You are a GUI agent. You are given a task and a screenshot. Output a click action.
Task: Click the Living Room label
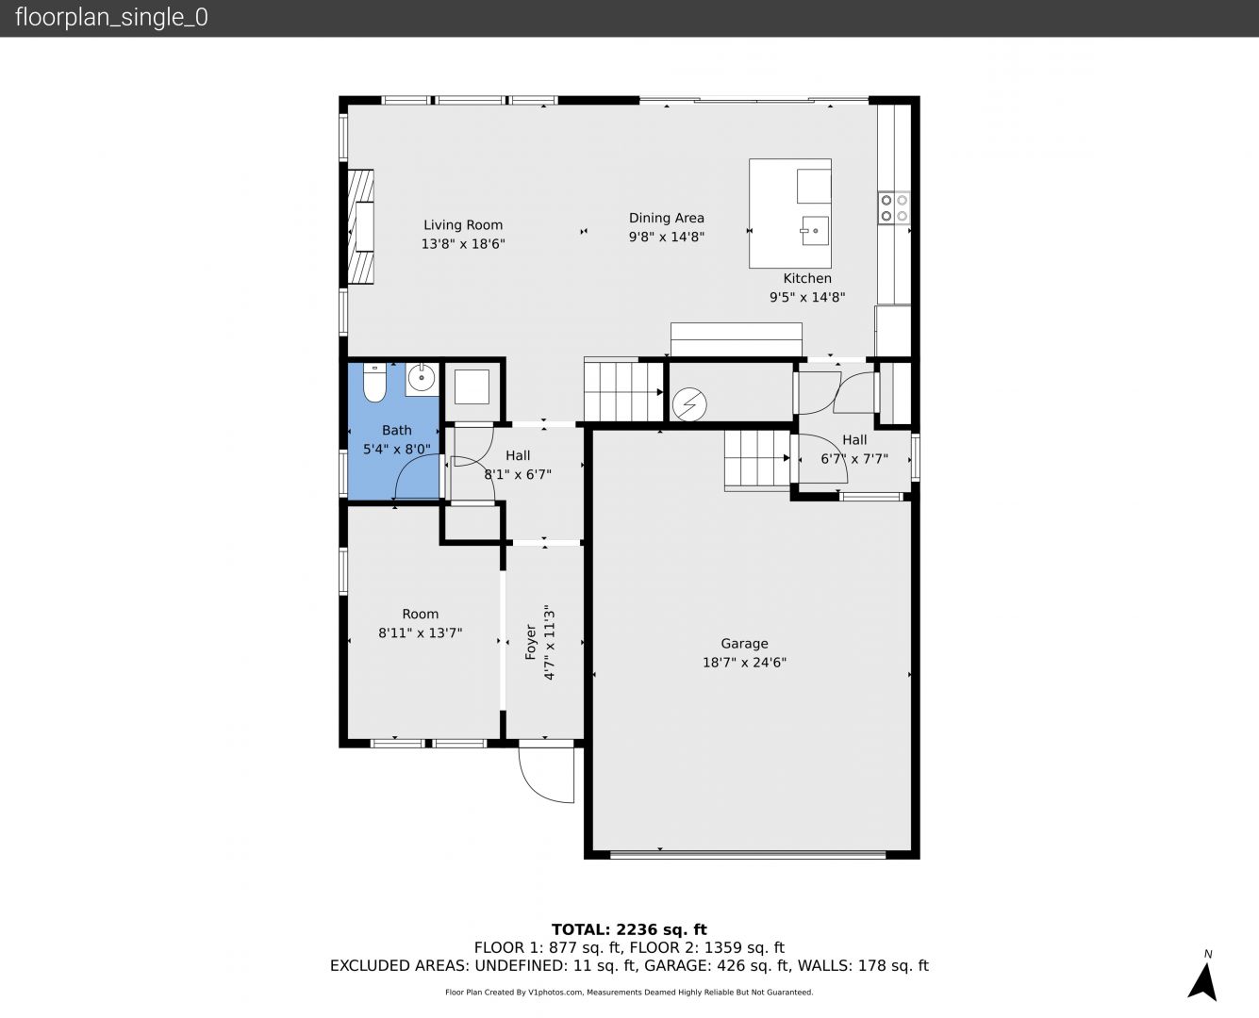[x=463, y=225]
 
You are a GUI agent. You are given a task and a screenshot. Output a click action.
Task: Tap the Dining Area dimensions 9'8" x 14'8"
[x=666, y=237]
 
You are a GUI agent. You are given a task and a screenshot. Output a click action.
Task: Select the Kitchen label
[x=807, y=278]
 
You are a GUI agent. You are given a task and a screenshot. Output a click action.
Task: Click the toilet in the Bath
[x=374, y=383]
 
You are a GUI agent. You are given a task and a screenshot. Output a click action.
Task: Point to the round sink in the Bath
[x=422, y=379]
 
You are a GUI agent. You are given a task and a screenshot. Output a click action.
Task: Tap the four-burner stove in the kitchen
[x=894, y=208]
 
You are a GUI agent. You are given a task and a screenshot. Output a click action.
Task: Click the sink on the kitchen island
[x=815, y=231]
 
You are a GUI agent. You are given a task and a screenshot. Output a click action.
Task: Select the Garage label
[x=744, y=644]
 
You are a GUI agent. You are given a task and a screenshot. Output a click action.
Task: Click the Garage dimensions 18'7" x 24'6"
[x=744, y=663]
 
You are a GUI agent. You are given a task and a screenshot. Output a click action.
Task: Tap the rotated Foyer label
[x=530, y=642]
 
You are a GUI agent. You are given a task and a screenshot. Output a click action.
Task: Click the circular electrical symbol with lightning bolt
[x=689, y=404]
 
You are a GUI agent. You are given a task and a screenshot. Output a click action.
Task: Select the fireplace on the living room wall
[x=360, y=227]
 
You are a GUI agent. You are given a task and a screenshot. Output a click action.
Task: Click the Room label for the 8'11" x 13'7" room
[x=421, y=614]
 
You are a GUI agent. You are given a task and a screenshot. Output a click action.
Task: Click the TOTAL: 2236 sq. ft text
[x=629, y=930]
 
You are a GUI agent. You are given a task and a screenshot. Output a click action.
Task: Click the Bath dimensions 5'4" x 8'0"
[x=397, y=450]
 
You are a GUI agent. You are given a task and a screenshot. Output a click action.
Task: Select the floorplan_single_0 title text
[x=111, y=18]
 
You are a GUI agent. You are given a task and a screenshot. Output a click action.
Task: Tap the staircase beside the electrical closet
[x=623, y=390]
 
